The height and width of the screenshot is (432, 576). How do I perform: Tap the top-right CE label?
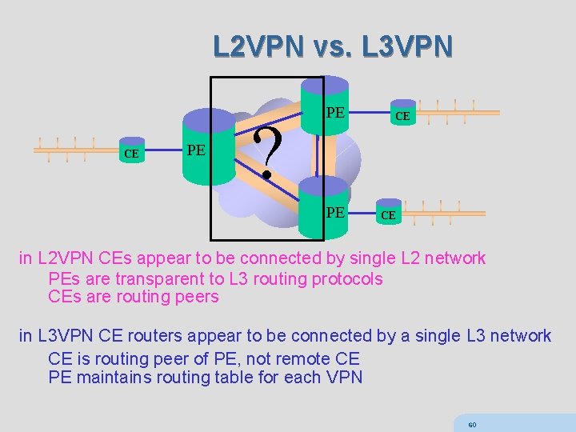click(402, 116)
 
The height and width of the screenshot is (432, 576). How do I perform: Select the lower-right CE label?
click(387, 215)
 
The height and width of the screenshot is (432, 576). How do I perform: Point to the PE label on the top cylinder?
click(335, 113)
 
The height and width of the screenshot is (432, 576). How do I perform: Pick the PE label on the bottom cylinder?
click(335, 213)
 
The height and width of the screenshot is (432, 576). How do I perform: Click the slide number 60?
click(472, 423)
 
